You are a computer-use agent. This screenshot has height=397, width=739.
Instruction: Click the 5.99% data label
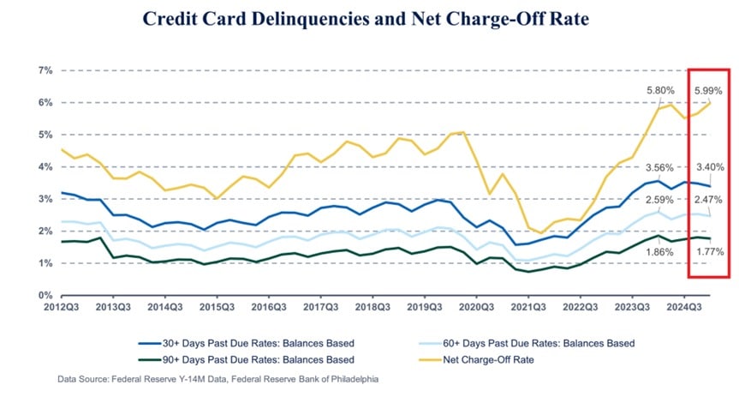point(708,90)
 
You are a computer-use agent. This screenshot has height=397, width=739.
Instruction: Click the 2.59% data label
point(660,200)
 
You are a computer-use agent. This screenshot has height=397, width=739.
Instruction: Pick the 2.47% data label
point(708,200)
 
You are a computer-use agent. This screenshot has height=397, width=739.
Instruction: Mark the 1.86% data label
point(660,252)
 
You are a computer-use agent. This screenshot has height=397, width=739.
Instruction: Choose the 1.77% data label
point(708,252)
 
